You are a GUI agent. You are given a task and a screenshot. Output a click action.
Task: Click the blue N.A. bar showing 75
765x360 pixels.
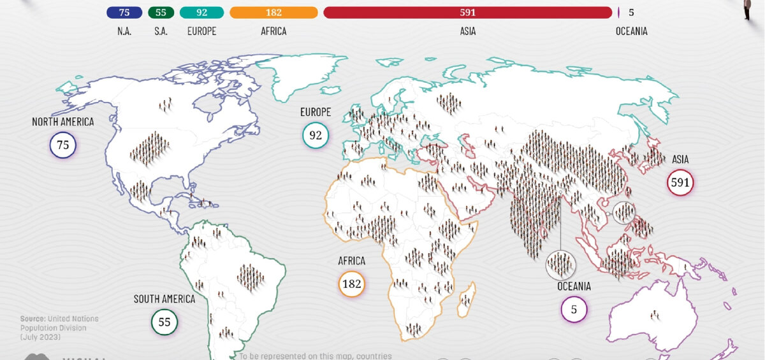[x=124, y=12]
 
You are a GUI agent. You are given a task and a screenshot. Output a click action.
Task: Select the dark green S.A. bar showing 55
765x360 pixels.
[x=161, y=12]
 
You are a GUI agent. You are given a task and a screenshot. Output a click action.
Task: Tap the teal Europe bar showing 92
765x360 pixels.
[x=201, y=12]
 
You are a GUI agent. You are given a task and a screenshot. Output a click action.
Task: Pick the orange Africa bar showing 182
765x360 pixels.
[x=273, y=12]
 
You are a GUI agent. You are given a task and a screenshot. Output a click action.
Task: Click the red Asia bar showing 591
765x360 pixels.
[x=467, y=12]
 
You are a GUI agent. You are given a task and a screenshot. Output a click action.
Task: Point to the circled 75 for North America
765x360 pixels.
[x=62, y=145]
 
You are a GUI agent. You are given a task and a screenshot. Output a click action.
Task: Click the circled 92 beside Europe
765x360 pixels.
[x=316, y=135]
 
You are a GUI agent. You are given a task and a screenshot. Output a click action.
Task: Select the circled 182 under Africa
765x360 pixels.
[x=351, y=284]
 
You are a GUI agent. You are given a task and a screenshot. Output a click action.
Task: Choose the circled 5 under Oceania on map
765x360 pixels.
[x=574, y=310]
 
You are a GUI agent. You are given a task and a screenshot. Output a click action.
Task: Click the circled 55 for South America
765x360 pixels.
[x=164, y=322]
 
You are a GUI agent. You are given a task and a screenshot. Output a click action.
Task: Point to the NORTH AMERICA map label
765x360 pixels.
[x=62, y=122]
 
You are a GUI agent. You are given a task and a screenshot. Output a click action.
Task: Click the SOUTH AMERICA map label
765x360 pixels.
[x=164, y=298]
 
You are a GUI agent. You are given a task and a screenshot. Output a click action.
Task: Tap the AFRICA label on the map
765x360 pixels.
[x=351, y=261]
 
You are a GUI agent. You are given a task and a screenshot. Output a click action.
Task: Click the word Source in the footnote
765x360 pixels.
[x=33, y=319]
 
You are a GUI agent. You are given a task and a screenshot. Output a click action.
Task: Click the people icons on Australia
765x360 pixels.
[x=654, y=314]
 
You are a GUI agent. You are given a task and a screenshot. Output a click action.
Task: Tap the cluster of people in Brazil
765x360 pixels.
[x=250, y=277]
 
